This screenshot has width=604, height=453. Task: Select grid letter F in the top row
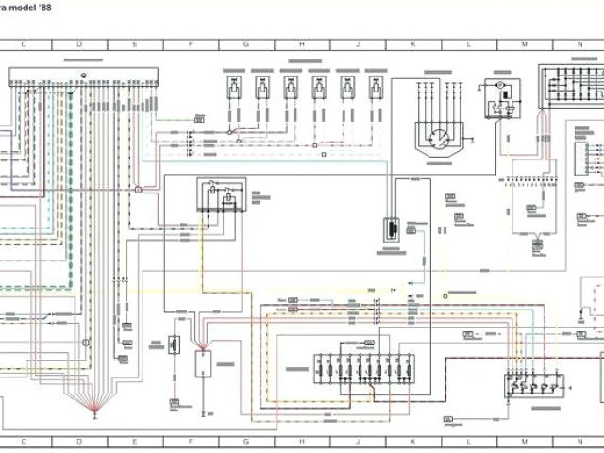point(190,44)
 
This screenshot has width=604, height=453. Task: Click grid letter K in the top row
point(412,44)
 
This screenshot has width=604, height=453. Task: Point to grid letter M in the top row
point(524,44)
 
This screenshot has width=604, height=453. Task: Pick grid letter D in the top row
point(79,44)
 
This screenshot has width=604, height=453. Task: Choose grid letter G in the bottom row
point(245,441)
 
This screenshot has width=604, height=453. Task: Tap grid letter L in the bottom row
point(468,441)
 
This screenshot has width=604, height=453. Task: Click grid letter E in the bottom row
point(135,441)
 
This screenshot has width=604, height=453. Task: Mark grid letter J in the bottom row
point(357,441)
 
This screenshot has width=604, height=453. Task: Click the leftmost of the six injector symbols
point(234,87)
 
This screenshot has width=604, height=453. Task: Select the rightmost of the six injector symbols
point(377,87)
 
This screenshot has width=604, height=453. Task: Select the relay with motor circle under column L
point(499,99)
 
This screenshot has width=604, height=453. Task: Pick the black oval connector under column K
point(390,230)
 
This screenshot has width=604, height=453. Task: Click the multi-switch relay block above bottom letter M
point(533,381)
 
